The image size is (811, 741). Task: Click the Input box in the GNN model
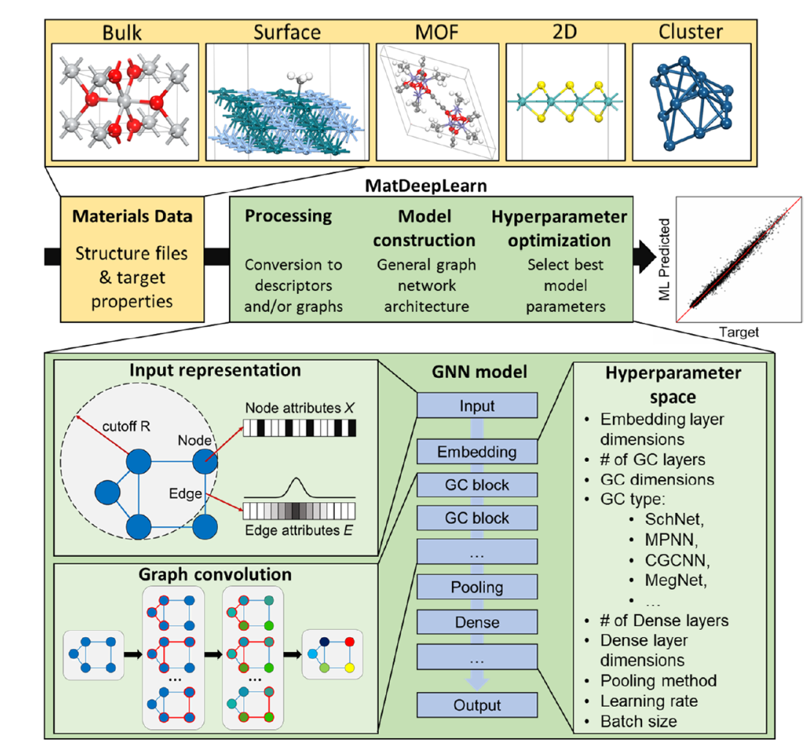[477, 406]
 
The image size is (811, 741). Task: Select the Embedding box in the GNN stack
[477, 452]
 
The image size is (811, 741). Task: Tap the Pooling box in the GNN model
[477, 587]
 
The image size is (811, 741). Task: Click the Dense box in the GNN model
[477, 623]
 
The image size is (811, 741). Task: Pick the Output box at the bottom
[477, 705]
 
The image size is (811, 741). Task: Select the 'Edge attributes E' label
[298, 531]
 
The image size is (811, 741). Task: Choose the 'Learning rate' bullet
[649, 701]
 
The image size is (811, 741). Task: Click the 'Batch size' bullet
[638, 721]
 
